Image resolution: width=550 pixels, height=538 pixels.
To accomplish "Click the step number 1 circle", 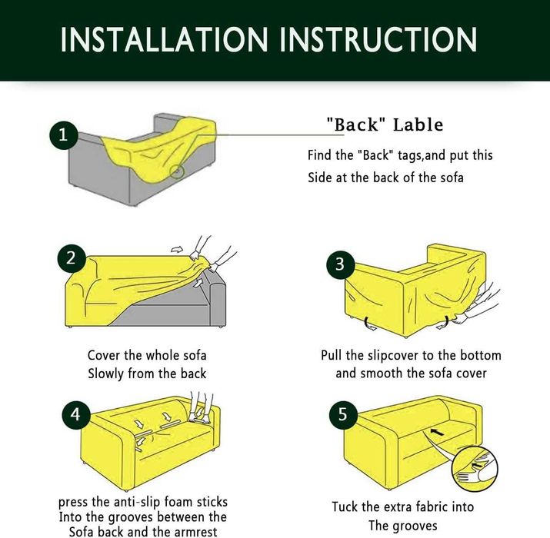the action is [64, 135].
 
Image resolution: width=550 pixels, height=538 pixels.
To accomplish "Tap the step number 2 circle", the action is [72, 258].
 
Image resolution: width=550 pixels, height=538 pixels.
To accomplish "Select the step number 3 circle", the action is [340, 264].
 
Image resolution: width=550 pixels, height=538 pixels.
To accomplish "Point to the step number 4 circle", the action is [76, 414].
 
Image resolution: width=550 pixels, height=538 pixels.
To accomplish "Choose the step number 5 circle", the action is [343, 415].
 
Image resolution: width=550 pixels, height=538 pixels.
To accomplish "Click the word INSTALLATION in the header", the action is [165, 39].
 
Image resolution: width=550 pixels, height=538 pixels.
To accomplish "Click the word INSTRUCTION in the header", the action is [378, 39].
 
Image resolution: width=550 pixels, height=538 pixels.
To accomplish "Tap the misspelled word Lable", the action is [418, 125].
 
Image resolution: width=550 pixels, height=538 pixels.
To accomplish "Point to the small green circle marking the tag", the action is [177, 171].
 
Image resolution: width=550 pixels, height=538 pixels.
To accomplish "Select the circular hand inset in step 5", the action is [475, 469].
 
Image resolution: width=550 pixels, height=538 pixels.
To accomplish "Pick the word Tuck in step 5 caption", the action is [345, 506].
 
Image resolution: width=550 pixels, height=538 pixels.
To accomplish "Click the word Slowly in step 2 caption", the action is [106, 374].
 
